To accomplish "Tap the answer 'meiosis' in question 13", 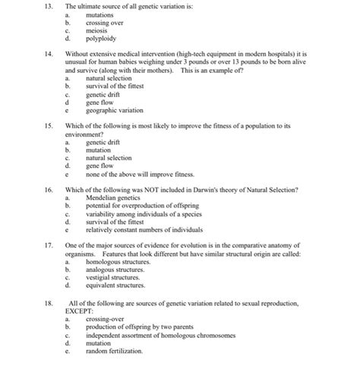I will point(98,29).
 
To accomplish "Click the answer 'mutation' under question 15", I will point(99,149).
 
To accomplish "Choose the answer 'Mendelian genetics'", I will point(112,196).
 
